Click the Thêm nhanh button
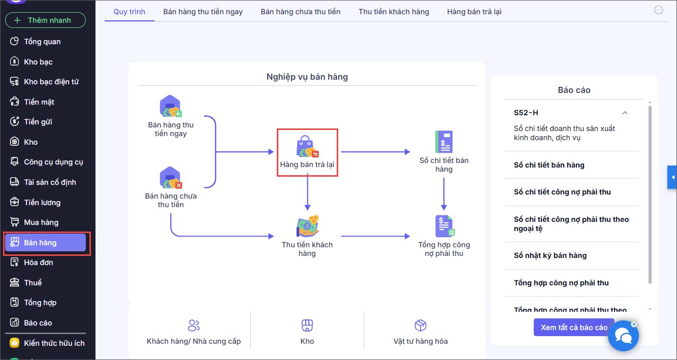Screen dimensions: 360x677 tap(45, 20)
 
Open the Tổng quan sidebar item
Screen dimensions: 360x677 tap(42, 42)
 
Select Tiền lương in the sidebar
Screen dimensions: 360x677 tap(42, 203)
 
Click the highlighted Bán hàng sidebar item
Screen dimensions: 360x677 tap(45, 243)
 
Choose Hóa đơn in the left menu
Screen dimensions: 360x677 tap(38, 263)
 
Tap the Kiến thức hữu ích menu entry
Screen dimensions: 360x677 tap(54, 343)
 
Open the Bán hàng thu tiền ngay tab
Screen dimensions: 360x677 tap(203, 11)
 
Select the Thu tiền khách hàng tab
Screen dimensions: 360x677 tap(394, 11)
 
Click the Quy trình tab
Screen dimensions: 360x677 tap(129, 11)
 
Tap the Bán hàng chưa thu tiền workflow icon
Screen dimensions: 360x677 tap(171, 178)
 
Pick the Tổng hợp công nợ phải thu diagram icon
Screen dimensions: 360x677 tap(444, 226)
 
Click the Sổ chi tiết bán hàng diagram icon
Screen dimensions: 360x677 tap(444, 142)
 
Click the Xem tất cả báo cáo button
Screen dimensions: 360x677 tap(574, 328)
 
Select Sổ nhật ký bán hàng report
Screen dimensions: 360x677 tap(550, 255)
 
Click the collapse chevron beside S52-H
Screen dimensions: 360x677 tap(625, 113)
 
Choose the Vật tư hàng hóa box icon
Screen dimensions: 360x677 tap(421, 325)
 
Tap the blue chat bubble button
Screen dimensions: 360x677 tap(623, 336)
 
